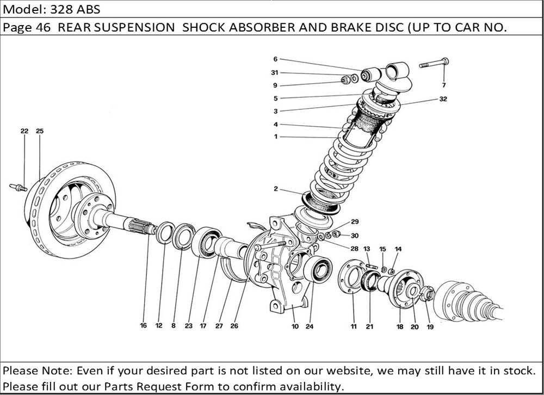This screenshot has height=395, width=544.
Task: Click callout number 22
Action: [x=24, y=131]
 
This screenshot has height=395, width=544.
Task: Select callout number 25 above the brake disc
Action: [x=40, y=131]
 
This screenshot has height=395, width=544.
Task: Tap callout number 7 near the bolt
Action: [x=443, y=85]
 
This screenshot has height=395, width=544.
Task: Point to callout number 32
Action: [x=443, y=100]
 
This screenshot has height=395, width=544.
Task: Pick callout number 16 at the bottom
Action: [x=143, y=326]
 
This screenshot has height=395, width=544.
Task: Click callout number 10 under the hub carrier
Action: [x=295, y=326]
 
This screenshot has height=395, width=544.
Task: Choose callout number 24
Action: [x=310, y=326]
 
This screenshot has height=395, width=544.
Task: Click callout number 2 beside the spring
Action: [x=276, y=189]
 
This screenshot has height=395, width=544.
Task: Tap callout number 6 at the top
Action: [x=275, y=59]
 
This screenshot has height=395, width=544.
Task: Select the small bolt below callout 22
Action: [x=18, y=188]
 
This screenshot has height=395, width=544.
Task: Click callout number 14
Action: [x=398, y=249]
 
